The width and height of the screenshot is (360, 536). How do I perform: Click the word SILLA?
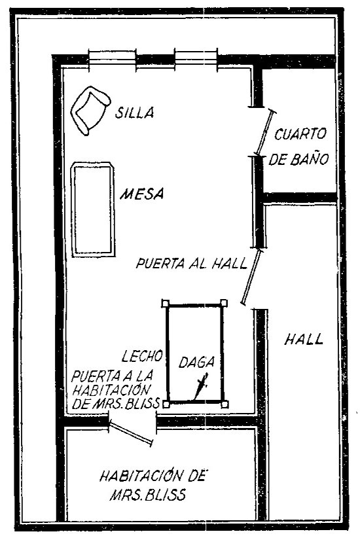pyautogui.click(x=134, y=113)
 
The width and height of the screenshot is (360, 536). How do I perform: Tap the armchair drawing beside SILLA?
pyautogui.click(x=90, y=110)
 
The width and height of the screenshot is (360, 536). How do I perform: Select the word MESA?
pyautogui.click(x=141, y=194)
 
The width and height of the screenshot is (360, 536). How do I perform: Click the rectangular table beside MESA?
pyautogui.click(x=93, y=209)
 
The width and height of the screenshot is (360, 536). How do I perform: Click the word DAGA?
pyautogui.click(x=196, y=362)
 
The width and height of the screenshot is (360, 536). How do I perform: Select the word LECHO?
pyautogui.click(x=142, y=356)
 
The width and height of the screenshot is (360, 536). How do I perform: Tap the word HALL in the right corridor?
pyautogui.click(x=304, y=340)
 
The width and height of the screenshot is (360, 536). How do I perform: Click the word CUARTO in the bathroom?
pyautogui.click(x=300, y=134)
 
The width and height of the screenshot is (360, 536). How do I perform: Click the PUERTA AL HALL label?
pyautogui.click(x=191, y=264)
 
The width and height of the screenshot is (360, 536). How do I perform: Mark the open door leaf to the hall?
pyautogui.click(x=253, y=277)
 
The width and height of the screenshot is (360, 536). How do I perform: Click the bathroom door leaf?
pyautogui.click(x=265, y=133)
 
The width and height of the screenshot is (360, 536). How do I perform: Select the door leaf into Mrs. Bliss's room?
pyautogui.click(x=131, y=434)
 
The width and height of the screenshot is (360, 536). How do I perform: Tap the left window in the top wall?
pyautogui.click(x=113, y=60)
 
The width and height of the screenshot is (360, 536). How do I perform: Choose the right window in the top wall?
pyautogui.click(x=196, y=60)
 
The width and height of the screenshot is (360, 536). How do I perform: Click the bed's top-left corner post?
pyautogui.click(x=166, y=303)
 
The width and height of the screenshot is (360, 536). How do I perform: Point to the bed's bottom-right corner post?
pyautogui.click(x=225, y=404)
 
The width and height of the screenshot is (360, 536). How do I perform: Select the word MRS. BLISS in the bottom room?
pyautogui.click(x=148, y=495)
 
